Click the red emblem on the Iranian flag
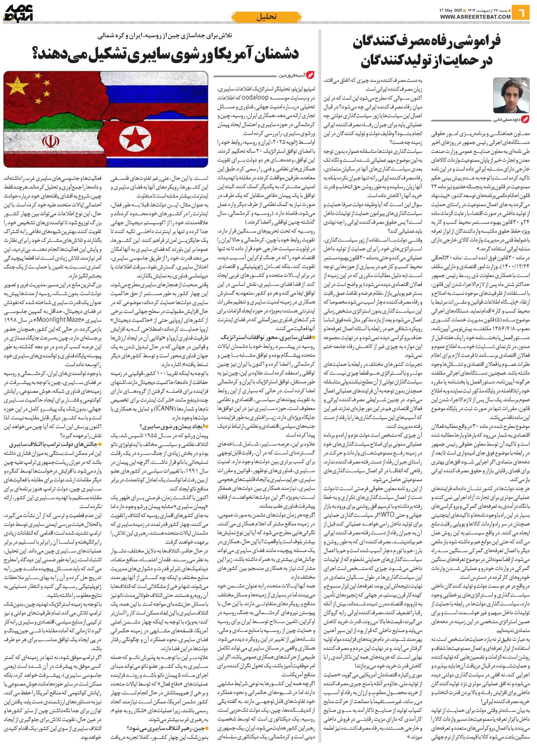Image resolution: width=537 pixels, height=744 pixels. click(x=48, y=142)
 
